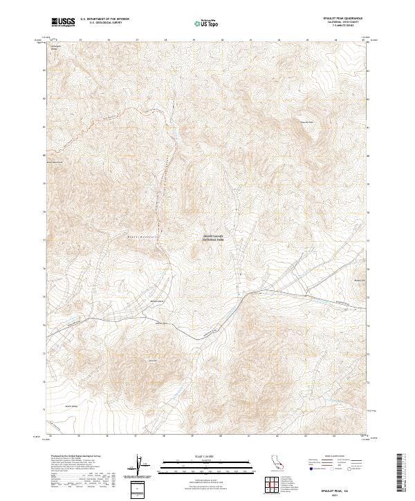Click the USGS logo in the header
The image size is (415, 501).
(64, 22)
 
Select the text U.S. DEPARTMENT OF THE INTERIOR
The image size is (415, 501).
(104, 19)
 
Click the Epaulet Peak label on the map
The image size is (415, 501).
(306, 122)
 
